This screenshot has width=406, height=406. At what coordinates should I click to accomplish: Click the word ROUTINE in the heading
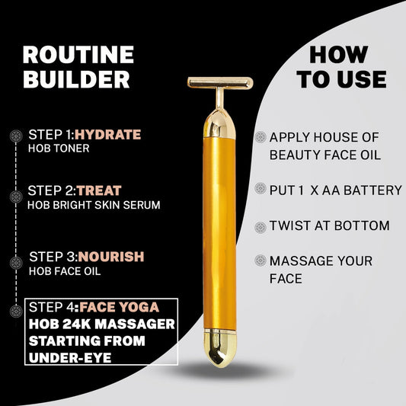coord(78,55)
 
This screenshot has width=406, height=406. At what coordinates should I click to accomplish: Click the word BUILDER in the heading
coord(76,79)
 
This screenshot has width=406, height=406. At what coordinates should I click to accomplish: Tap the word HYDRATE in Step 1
coord(107,135)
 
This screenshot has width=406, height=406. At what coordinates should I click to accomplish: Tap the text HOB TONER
coord(59,149)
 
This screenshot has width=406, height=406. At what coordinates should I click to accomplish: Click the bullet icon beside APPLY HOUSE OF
coord(261,137)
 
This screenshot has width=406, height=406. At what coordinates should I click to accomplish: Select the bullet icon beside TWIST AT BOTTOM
coord(261,226)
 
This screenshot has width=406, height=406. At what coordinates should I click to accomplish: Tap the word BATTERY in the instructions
coord(372,190)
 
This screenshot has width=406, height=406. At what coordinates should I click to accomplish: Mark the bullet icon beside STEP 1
coord(15,136)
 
